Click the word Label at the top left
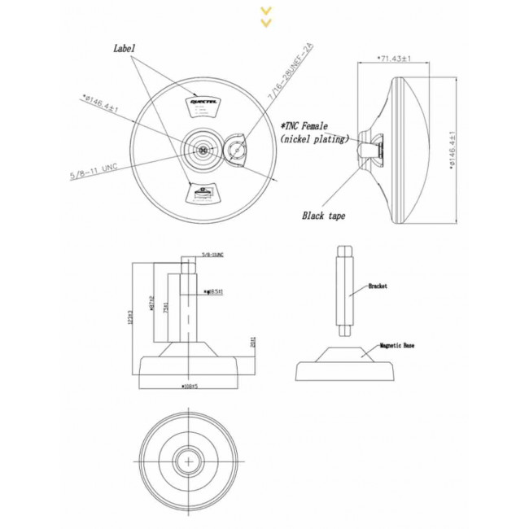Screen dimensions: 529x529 (125, 49)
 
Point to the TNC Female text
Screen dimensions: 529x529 (304, 127)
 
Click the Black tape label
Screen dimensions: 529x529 (324, 216)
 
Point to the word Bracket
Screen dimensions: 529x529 (377, 286)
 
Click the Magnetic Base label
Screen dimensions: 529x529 (397, 345)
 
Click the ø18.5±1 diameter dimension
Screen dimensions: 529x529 (216, 291)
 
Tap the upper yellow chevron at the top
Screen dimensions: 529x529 (265, 11)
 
